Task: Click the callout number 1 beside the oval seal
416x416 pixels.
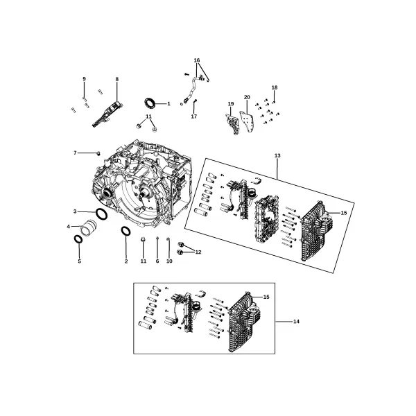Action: coord(168,104)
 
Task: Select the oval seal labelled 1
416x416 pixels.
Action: coord(150,103)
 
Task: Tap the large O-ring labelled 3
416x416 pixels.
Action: coord(101,214)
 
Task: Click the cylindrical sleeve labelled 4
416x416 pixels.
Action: coord(89,227)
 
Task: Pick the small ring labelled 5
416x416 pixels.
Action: coord(78,239)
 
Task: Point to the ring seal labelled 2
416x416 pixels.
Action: coord(125,231)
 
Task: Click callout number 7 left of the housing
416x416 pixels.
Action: coord(75,153)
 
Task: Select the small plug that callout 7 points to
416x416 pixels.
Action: coord(98,153)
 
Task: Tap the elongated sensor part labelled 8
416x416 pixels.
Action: coord(107,114)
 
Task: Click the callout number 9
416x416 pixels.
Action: coord(84,79)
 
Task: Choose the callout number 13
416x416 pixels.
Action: coord(277,155)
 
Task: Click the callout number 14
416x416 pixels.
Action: coord(296,322)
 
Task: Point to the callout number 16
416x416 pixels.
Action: coord(197,60)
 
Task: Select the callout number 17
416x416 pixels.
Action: coord(194,116)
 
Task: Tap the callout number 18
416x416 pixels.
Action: coord(275,87)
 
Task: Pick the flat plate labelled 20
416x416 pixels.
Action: coord(247,121)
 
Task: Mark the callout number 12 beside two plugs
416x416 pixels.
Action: coord(198,252)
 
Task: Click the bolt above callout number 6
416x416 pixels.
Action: coord(157,239)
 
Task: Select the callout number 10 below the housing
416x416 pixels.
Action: coord(169,261)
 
